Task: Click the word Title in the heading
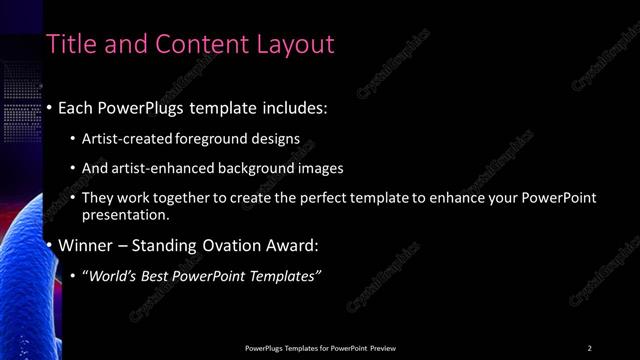(72, 44)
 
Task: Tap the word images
(324, 168)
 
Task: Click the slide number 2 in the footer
(589, 348)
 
